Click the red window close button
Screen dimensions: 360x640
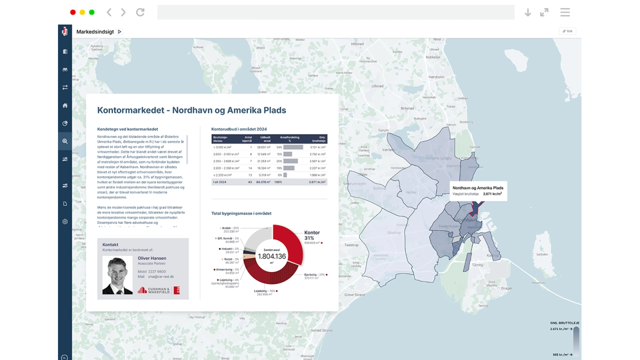pyautogui.click(x=73, y=12)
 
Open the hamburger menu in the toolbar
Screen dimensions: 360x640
pyautogui.click(x=565, y=12)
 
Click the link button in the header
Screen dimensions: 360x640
pyautogui.click(x=567, y=31)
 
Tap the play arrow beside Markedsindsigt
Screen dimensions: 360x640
pyautogui.click(x=120, y=32)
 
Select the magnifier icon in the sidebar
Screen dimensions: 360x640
pyautogui.click(x=65, y=141)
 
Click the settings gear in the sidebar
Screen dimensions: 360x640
pyautogui.click(x=65, y=222)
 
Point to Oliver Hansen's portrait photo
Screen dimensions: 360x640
pyautogui.click(x=117, y=276)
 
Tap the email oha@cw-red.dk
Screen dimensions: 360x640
pyautogui.click(x=161, y=276)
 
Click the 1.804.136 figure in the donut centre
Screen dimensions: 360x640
pyautogui.click(x=272, y=256)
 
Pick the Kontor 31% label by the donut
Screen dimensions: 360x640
pyautogui.click(x=312, y=235)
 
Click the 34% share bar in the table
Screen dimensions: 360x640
pyautogui.click(x=293, y=147)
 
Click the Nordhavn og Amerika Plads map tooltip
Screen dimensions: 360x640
pyautogui.click(x=478, y=190)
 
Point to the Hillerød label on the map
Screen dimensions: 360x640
pyautogui.click(x=357, y=44)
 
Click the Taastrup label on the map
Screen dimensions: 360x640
pyautogui.click(x=351, y=245)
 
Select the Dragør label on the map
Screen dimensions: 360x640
pyautogui.click(x=506, y=288)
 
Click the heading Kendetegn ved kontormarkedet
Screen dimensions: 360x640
pyautogui.click(x=128, y=129)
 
